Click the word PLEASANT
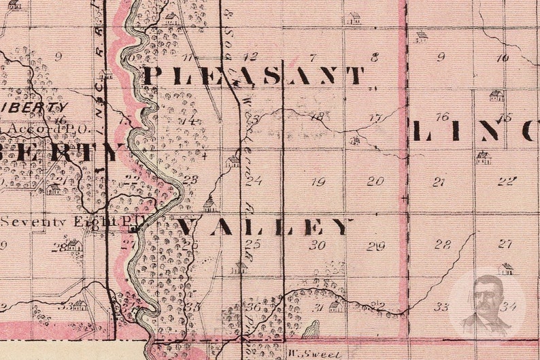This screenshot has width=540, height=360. tap(253, 75)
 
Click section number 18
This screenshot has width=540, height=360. tap(317, 117)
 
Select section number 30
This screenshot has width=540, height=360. tap(318, 245)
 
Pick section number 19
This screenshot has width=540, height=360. tap(318, 182)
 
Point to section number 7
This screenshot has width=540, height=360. tap(314, 58)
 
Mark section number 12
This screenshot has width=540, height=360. tap(251, 56)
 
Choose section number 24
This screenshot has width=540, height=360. tap(254, 181)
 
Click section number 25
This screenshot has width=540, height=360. tap(253, 244)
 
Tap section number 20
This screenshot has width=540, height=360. tap(375, 181)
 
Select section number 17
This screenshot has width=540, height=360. tap(375, 118)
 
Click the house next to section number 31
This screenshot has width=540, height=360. tap(335, 307)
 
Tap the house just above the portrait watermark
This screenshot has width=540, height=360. tap(505, 269)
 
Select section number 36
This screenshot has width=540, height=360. tap(254, 307)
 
